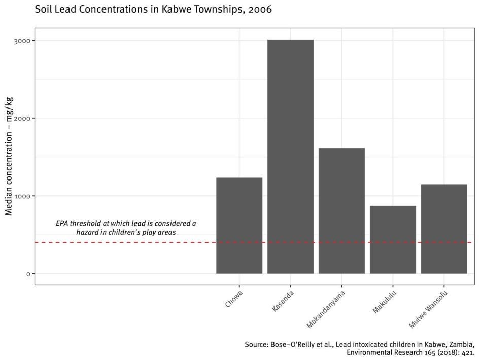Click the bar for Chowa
pos(239,226)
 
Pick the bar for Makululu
pos(393,239)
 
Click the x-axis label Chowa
pos(234,299)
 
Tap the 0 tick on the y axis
pos(28,274)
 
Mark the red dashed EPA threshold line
pos(127,243)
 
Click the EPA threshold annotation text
pos(126,227)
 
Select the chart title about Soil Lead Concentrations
pos(152,10)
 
